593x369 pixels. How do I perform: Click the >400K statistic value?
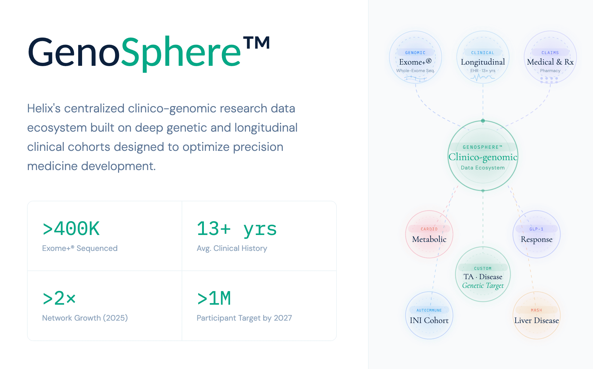tap(71, 229)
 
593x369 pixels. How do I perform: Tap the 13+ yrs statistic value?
tap(236, 229)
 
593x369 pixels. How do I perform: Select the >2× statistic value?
tap(59, 299)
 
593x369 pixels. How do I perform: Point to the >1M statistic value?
tap(214, 299)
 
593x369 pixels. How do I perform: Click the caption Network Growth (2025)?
tap(85, 318)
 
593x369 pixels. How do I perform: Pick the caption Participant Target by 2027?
tap(244, 318)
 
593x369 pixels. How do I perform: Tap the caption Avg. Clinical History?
tap(232, 248)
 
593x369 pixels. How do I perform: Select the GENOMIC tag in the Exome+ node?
tap(415, 53)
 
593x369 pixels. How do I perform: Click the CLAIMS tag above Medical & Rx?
tap(550, 53)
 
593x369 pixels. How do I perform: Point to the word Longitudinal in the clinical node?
tap(483, 62)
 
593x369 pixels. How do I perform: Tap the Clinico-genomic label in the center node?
tap(483, 157)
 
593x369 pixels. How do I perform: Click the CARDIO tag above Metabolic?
tap(429, 229)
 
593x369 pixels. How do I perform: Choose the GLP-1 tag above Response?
tap(536, 229)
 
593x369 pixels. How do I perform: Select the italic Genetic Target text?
tap(483, 285)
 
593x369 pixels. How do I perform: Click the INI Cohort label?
tap(429, 320)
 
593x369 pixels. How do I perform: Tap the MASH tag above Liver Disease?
tap(536, 310)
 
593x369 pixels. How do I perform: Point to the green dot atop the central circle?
tap(483, 121)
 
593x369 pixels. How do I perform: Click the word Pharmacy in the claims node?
tap(550, 71)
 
